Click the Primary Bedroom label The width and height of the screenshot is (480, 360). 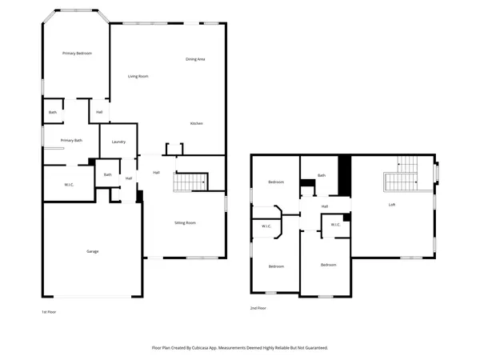click(x=78, y=53)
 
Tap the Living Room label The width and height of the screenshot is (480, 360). click(x=138, y=76)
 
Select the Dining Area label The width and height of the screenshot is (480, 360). click(x=196, y=59)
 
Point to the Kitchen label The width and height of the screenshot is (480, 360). click(x=196, y=123)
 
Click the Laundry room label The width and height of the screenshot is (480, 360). click(x=118, y=142)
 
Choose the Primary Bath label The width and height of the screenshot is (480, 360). click(x=71, y=140)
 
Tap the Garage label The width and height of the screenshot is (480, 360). click(x=93, y=251)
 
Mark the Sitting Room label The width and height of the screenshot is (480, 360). click(x=186, y=222)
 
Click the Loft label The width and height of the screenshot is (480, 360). click(x=392, y=205)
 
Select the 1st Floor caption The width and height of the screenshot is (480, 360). click(x=49, y=311)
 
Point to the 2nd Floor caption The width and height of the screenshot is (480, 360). click(x=258, y=307)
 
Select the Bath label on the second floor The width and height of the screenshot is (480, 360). click(x=321, y=175)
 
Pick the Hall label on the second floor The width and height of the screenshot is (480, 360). click(x=325, y=206)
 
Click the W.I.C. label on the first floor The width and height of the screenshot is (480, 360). click(x=70, y=185)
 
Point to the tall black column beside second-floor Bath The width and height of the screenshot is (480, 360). click(x=345, y=175)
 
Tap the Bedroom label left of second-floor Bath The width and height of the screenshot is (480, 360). click(x=276, y=182)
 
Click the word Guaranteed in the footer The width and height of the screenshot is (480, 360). click(x=313, y=348)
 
